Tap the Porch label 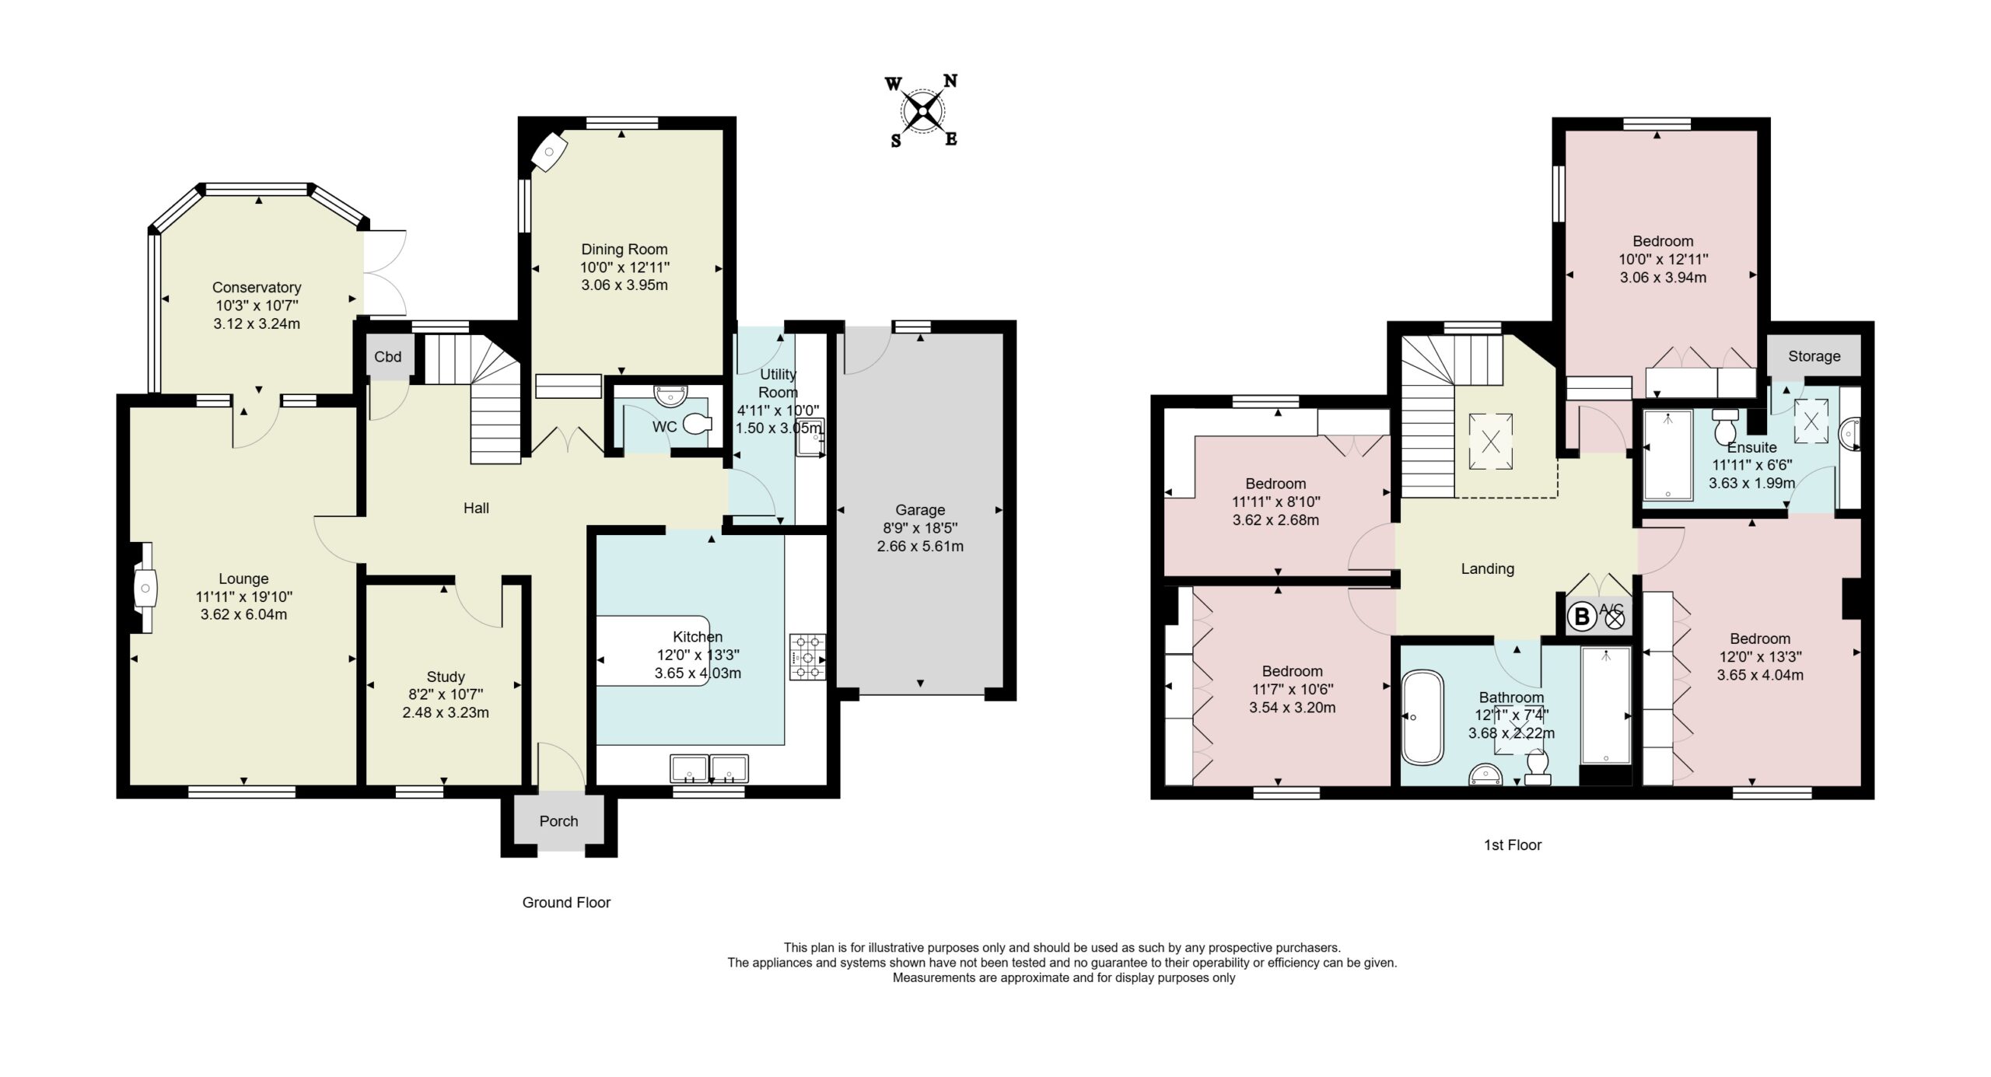coord(558,821)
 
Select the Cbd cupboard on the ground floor coord(388,357)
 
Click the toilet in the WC coord(697,425)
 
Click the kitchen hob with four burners coord(807,658)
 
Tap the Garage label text coord(920,510)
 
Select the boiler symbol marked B coord(1581,618)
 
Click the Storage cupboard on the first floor coord(1814,356)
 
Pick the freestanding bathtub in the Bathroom coord(1422,717)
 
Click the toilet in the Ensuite coord(1725,425)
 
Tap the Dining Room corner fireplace coord(548,153)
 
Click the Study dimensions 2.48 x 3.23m coord(446,712)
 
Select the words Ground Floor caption coord(566,903)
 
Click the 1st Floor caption coord(1513,845)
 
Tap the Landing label coord(1488,568)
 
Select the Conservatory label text coord(257,288)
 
